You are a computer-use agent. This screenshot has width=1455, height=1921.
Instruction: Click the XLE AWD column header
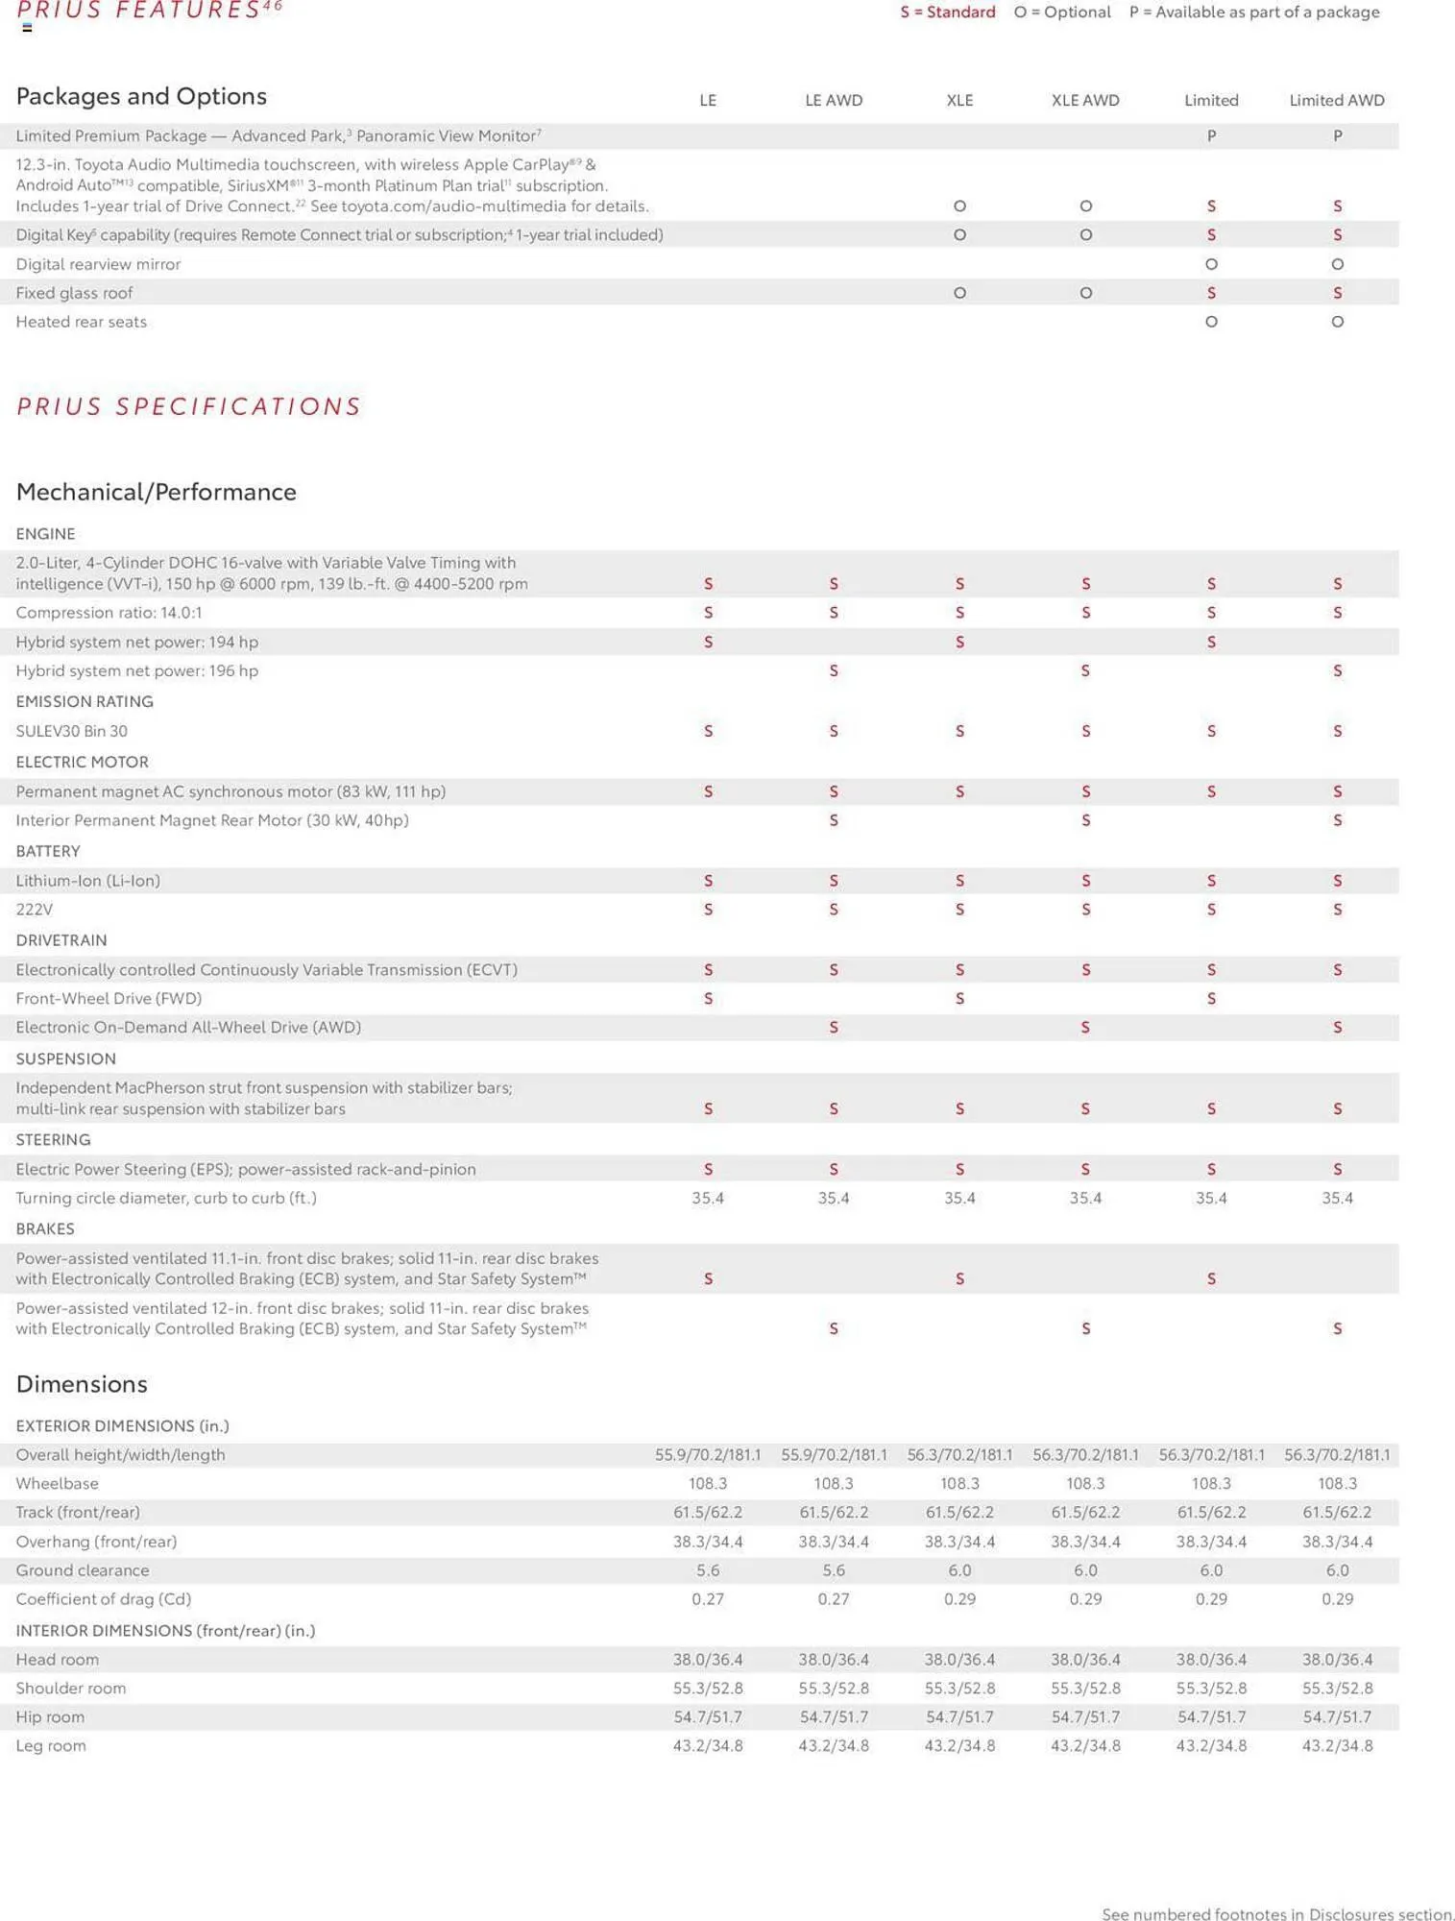point(1085,100)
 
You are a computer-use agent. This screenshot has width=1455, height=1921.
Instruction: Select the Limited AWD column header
point(1336,100)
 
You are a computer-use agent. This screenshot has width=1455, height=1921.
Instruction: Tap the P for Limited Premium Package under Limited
point(1211,136)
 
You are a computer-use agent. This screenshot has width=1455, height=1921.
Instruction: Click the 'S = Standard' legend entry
point(947,12)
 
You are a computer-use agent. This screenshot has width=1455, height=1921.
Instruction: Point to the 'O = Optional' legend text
point(1062,12)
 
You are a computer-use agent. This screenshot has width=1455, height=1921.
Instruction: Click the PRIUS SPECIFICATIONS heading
point(189,406)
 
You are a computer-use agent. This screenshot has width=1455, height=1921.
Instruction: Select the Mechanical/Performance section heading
point(157,492)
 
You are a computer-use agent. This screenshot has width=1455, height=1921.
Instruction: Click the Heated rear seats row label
point(82,322)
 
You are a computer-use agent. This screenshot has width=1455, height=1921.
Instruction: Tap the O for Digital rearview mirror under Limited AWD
point(1337,264)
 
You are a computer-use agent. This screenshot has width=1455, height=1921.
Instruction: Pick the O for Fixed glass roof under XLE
point(959,293)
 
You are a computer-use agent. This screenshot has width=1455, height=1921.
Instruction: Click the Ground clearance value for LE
point(708,1569)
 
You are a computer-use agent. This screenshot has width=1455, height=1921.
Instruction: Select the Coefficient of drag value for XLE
point(959,1598)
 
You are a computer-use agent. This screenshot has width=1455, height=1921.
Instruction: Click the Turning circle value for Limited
point(1211,1198)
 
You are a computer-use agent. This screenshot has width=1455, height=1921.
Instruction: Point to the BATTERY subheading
point(48,851)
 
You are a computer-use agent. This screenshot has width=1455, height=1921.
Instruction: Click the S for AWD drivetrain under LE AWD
point(834,1028)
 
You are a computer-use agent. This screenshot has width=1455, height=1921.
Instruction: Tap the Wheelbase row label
point(58,1483)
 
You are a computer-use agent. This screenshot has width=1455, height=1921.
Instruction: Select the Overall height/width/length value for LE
point(708,1454)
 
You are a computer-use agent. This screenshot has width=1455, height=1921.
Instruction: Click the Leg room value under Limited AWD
point(1337,1745)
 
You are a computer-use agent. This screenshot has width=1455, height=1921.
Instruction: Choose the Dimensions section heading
point(82,1384)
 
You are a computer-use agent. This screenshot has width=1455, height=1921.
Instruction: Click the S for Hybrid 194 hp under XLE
point(959,642)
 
